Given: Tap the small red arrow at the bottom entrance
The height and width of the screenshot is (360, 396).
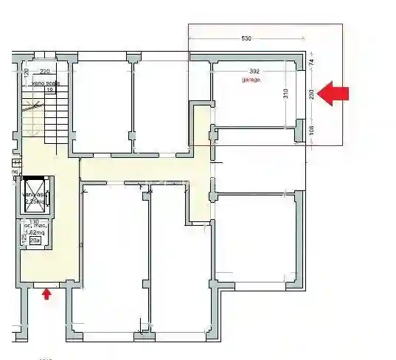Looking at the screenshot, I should click(46, 294).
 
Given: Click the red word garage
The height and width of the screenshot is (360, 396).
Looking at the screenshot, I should click(252, 79).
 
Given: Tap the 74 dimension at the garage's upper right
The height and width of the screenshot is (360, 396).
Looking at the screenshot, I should click(312, 64).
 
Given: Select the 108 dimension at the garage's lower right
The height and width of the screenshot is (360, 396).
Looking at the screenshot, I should click(312, 130).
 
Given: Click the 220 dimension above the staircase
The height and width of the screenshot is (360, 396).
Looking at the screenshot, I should click(44, 72).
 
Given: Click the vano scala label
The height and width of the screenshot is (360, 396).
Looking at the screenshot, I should click(46, 83).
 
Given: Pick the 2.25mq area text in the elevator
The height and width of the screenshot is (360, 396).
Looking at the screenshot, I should click(35, 201).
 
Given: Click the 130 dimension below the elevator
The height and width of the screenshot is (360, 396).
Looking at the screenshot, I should click(33, 221).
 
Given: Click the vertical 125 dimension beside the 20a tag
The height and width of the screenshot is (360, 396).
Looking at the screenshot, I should click(24, 238).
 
